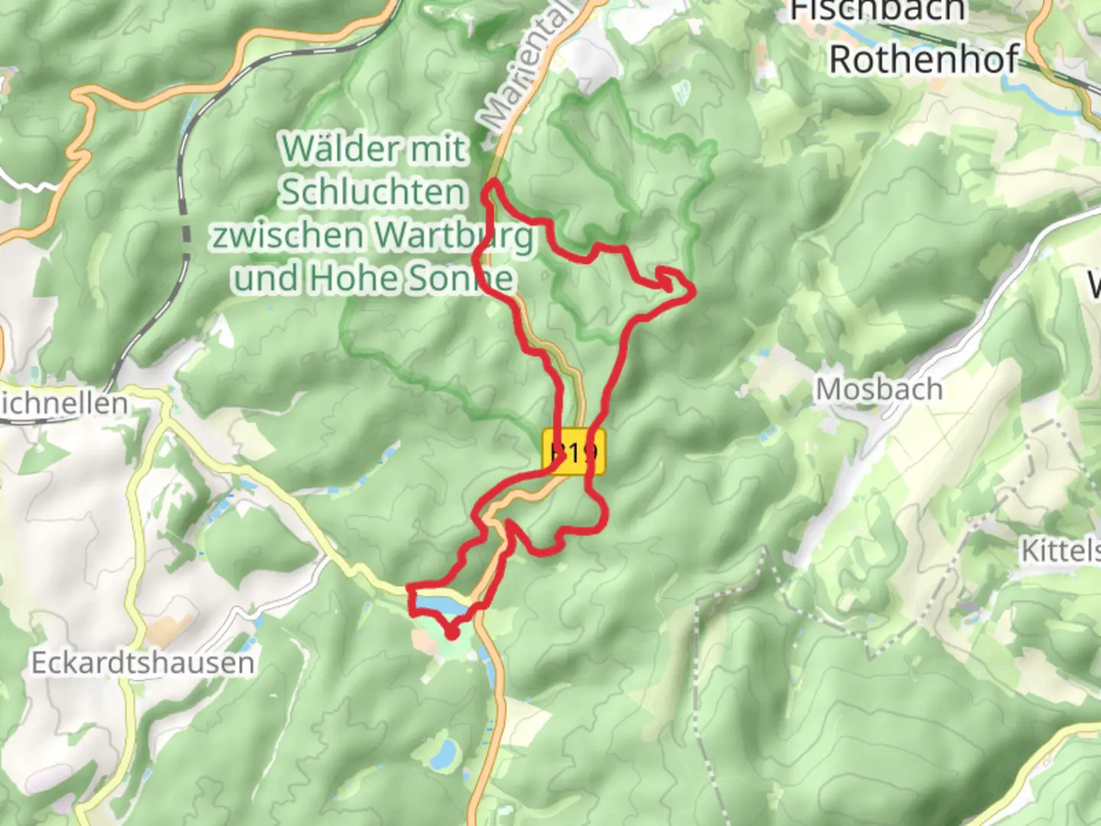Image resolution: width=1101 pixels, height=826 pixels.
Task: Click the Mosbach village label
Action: point(879,390)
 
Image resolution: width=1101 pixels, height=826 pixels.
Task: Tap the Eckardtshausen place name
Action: point(143,663)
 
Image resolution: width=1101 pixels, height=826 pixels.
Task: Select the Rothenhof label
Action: point(924,60)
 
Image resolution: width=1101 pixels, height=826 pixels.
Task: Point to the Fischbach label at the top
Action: point(877,11)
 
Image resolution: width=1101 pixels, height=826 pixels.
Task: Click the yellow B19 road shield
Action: point(573,453)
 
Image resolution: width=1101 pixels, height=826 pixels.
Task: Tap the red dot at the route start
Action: point(452,633)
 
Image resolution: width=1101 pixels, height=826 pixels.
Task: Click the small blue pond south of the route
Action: point(442,753)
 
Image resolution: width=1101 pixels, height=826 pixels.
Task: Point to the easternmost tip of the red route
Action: point(693,291)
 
